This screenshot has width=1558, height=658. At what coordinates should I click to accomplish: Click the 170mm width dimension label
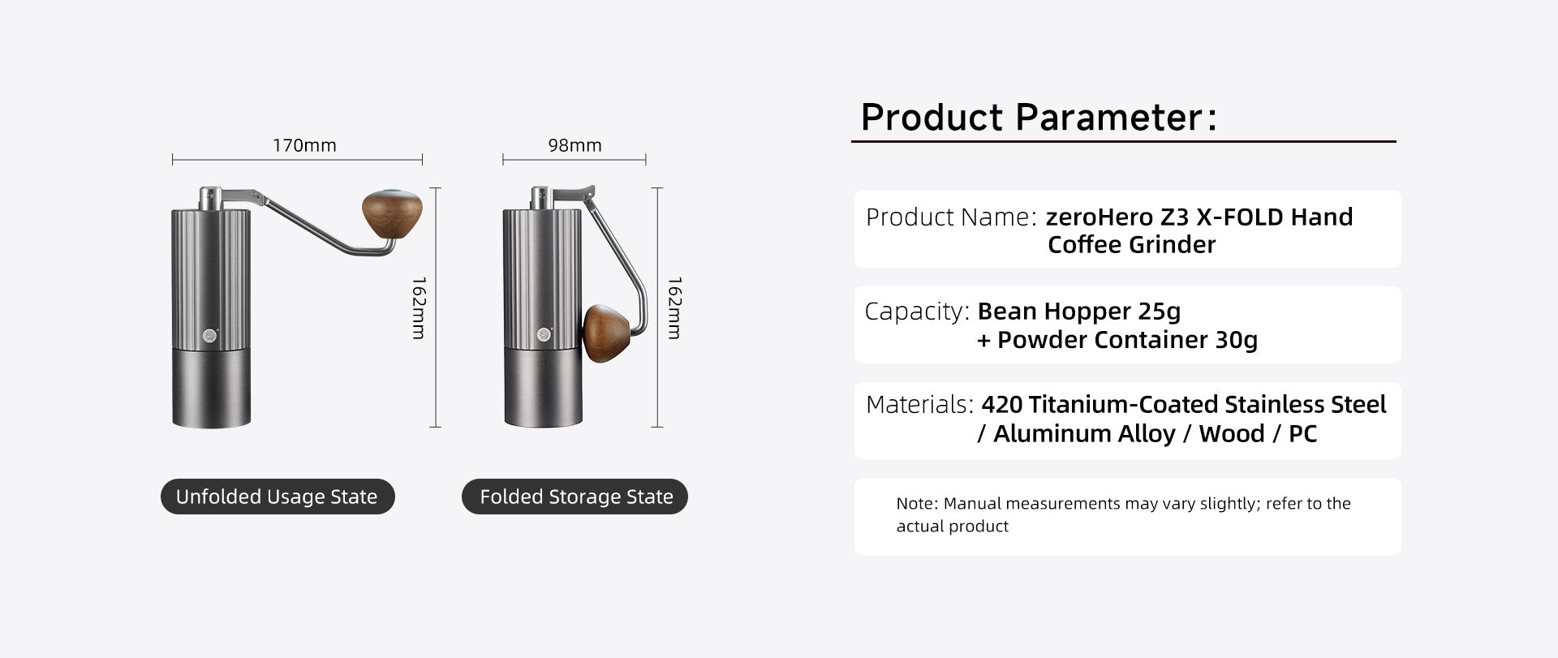tap(304, 145)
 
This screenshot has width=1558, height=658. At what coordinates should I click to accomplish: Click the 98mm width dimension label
tap(575, 145)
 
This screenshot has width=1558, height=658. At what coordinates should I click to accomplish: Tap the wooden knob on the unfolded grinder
tap(392, 216)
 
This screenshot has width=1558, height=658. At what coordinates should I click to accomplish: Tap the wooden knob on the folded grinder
tap(611, 333)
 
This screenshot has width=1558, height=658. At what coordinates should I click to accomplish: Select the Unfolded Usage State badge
tap(278, 497)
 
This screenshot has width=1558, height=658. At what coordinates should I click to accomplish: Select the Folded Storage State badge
tap(575, 497)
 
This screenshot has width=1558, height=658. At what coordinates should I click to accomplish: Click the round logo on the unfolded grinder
tap(210, 333)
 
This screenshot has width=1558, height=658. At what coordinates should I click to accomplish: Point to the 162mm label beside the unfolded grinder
tap(419, 308)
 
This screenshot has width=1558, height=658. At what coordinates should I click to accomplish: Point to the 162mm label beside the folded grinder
tap(674, 308)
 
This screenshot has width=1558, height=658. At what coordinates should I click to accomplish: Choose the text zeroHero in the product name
tap(1100, 217)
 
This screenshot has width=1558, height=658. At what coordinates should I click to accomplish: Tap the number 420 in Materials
tap(1002, 405)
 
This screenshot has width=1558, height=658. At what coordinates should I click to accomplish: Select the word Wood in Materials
tap(1232, 434)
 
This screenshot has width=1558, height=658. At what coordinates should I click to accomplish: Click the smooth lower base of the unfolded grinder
tap(211, 389)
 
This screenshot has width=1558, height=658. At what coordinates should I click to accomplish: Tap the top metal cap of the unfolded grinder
tap(209, 198)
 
